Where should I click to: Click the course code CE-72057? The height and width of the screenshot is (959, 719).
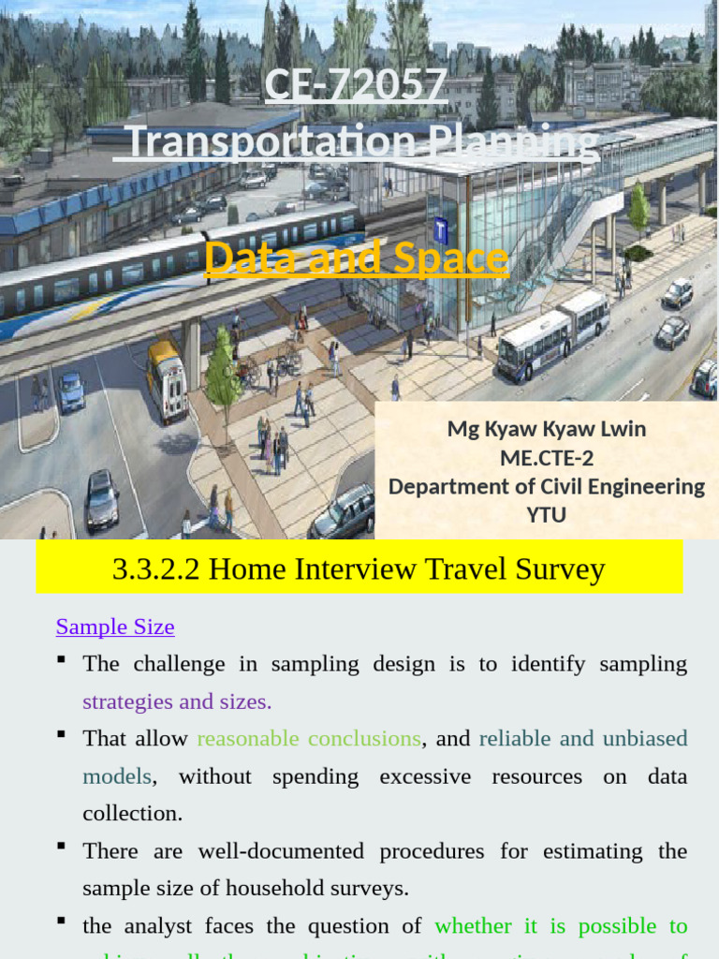356,86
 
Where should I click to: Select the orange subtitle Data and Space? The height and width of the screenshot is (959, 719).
357,258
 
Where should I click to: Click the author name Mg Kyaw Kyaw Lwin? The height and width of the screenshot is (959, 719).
547,429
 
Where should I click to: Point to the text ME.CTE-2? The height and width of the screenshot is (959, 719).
547,457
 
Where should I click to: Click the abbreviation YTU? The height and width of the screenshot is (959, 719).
547,514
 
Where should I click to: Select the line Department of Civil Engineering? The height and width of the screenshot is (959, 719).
547,486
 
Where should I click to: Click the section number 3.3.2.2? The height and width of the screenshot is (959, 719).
155,569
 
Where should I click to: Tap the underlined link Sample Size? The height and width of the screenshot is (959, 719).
115,627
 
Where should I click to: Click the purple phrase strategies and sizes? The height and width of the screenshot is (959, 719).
177,701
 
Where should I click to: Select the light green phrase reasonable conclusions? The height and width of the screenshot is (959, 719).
309,738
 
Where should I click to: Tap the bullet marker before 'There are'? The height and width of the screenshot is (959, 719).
61,848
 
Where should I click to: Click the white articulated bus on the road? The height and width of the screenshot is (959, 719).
552,334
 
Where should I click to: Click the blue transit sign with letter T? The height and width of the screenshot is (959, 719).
440,230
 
